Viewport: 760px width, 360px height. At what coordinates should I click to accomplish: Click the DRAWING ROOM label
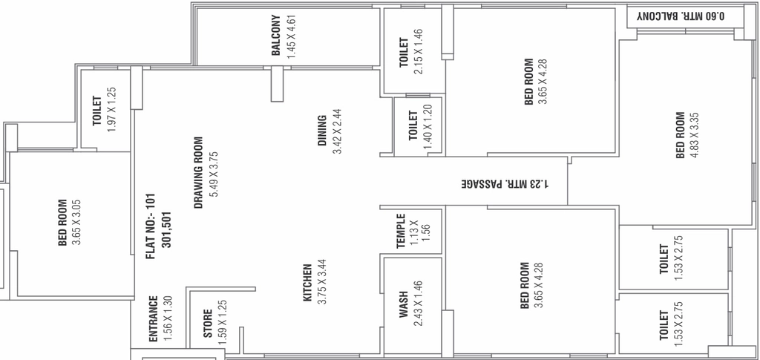(197, 172)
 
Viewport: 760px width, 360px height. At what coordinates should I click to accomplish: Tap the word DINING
(322, 130)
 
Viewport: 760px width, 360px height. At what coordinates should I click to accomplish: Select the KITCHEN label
(307, 283)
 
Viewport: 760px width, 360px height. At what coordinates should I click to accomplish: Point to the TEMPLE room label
(400, 231)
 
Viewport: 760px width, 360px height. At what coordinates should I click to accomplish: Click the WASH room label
(404, 304)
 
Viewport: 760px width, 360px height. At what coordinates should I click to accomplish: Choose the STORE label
(208, 324)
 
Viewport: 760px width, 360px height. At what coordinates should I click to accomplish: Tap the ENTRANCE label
(153, 319)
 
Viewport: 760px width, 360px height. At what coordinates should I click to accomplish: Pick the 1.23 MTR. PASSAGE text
(505, 184)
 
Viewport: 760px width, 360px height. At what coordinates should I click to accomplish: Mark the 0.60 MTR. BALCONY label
(681, 16)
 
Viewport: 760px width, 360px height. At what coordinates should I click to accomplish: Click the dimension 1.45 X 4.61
(291, 37)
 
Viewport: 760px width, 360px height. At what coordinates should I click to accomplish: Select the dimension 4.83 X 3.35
(694, 136)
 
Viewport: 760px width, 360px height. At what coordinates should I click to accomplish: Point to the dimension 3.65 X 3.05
(76, 223)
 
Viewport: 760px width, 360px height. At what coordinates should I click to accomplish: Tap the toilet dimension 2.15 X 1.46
(419, 52)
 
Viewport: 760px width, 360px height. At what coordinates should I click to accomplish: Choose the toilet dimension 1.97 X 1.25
(111, 110)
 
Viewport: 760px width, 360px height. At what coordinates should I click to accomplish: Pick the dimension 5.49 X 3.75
(214, 174)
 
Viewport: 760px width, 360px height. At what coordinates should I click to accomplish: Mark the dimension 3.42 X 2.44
(338, 131)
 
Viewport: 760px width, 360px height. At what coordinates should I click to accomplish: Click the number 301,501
(167, 229)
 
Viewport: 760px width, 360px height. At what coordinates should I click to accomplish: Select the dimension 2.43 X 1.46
(419, 304)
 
